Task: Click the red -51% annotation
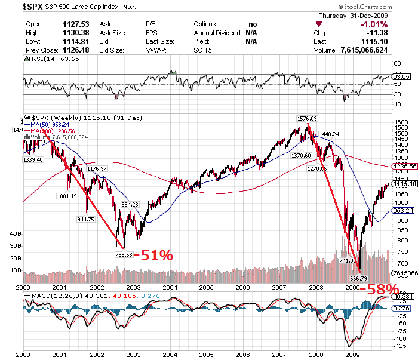(x=153, y=256)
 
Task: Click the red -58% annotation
(x=382, y=288)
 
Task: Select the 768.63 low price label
(x=122, y=254)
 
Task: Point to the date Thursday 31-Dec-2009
(x=354, y=16)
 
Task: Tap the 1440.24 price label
(x=329, y=134)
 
